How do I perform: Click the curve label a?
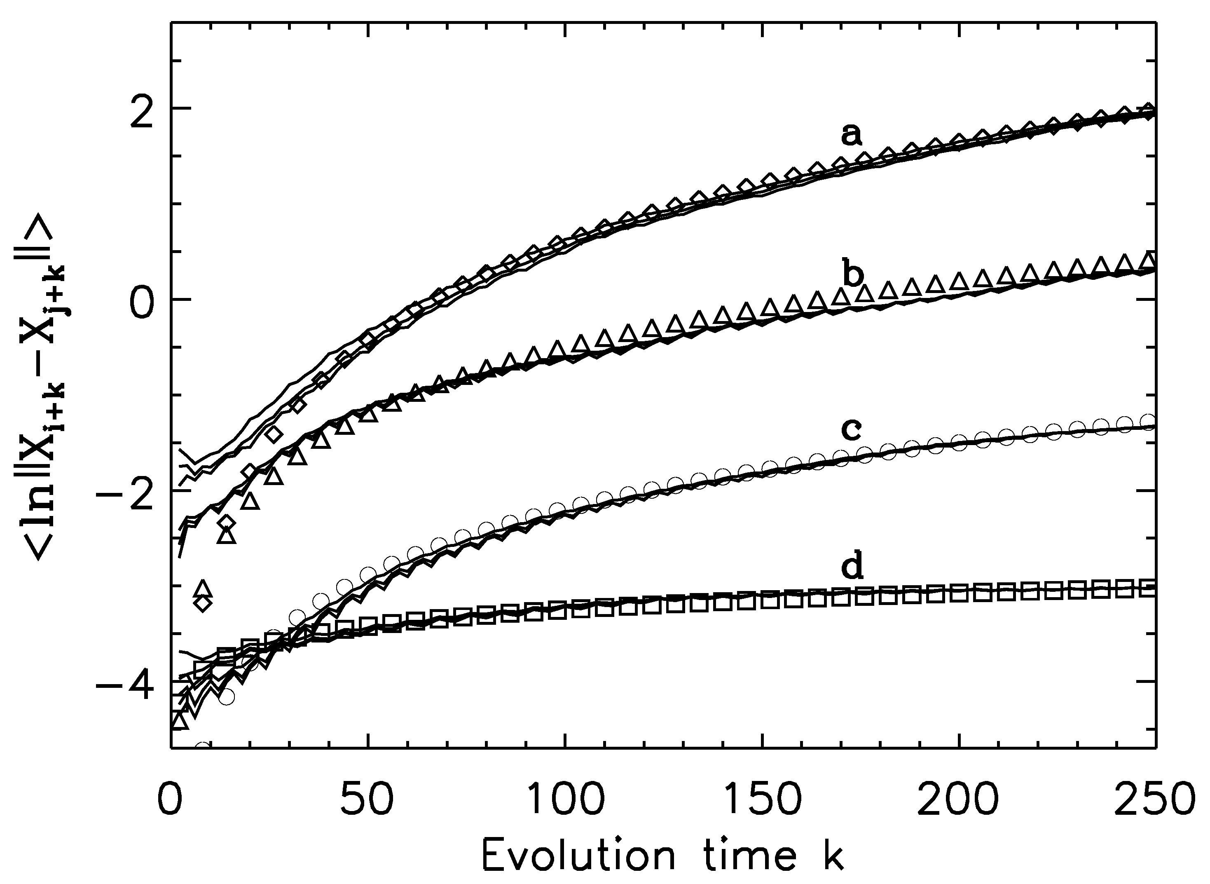852,134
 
